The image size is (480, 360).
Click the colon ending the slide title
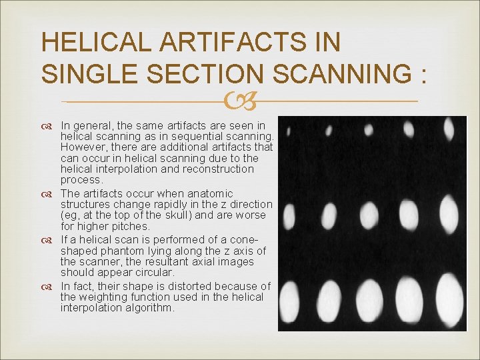422,75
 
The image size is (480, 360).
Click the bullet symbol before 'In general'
50,126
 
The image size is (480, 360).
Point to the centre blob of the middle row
369,215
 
